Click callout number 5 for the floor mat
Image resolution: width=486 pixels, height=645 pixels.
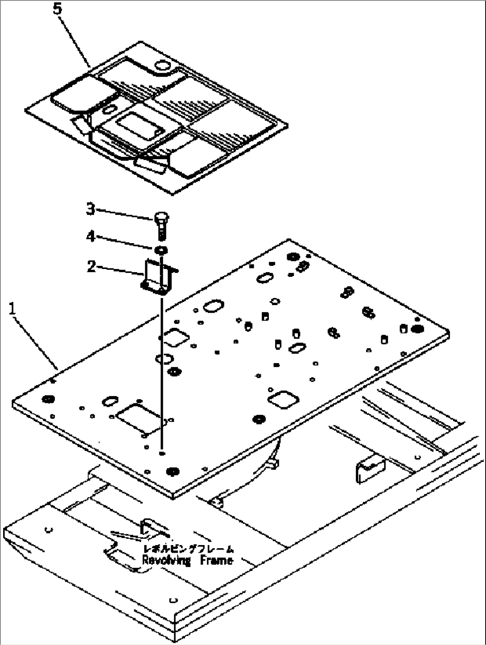pos(58,9)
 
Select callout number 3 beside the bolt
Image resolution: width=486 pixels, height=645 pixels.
pos(91,209)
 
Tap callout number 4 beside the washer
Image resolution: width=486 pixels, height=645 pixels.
pos(91,236)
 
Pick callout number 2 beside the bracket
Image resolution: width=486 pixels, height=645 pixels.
pos(91,267)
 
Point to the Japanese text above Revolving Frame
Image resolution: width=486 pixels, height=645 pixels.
pos(188,549)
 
